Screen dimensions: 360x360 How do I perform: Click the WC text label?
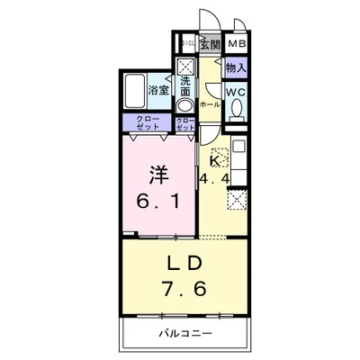[236, 92]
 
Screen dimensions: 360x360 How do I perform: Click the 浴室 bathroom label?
[158, 91]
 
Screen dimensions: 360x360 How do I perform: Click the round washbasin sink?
[184, 103]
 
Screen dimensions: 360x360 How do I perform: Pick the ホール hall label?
[209, 105]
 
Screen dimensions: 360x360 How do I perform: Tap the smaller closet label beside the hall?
[185, 124]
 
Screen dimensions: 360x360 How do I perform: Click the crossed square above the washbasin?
[184, 66]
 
